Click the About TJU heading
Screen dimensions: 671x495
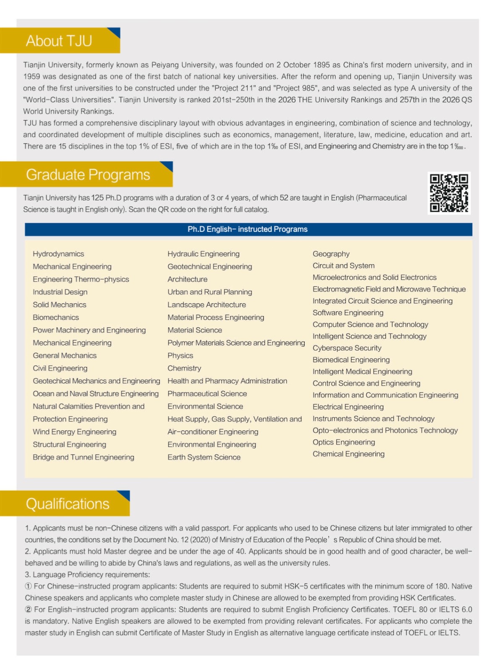pyautogui.click(x=59, y=41)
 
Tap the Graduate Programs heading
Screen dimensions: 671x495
pyautogui.click(x=88, y=174)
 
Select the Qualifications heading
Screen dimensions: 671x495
pyautogui.click(x=68, y=504)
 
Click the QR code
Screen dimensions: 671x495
pyautogui.click(x=449, y=193)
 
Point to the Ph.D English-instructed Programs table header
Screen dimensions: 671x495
pyautogui.click(x=248, y=229)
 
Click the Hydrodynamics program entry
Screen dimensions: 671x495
pyautogui.click(x=58, y=254)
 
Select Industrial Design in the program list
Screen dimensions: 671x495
pyautogui.click(x=60, y=292)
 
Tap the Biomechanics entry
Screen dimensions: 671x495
pyautogui.click(x=56, y=317)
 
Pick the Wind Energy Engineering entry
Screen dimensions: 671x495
pyautogui.click(x=74, y=432)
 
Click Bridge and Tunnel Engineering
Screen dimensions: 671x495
pyautogui.click(x=84, y=457)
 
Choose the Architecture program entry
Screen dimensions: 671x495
pyautogui.click(x=187, y=279)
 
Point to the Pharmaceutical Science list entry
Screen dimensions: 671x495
pyautogui.click(x=207, y=393)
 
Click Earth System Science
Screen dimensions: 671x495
pyautogui.click(x=204, y=457)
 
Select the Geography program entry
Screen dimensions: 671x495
pyautogui.click(x=331, y=254)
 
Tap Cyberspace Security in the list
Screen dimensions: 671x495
pyautogui.click(x=347, y=348)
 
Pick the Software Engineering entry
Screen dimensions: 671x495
pyautogui.click(x=348, y=312)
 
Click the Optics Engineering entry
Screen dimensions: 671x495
pyautogui.click(x=343, y=442)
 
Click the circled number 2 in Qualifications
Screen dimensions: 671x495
pyautogui.click(x=29, y=609)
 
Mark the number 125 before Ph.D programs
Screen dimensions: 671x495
pyautogui.click(x=97, y=198)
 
